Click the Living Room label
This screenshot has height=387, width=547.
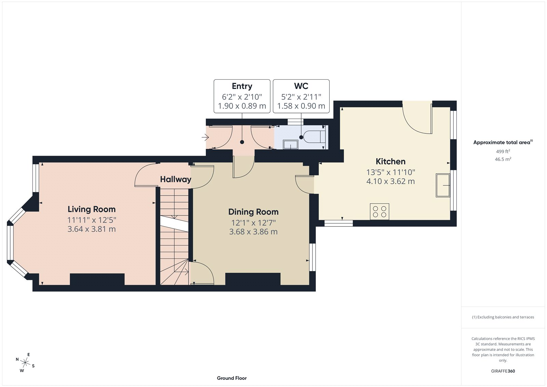(x=91, y=209)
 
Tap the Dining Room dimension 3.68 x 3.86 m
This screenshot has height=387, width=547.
(x=253, y=232)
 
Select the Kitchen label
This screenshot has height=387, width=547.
(x=390, y=162)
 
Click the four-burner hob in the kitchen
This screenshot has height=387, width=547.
(x=379, y=211)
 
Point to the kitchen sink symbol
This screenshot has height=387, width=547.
(x=443, y=185)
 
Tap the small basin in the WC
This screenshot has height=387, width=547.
(x=291, y=145)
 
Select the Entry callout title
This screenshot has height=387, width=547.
(x=242, y=86)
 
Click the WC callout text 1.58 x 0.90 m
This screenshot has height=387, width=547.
(x=301, y=106)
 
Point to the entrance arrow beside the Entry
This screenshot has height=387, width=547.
(x=205, y=138)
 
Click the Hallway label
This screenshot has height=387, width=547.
(x=175, y=179)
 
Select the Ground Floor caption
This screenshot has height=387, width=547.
(x=231, y=378)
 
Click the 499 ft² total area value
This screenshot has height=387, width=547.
(x=503, y=151)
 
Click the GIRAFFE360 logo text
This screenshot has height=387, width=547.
(x=503, y=371)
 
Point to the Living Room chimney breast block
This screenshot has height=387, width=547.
(x=97, y=279)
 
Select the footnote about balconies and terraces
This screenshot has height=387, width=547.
(x=503, y=317)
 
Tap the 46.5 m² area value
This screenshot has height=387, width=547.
(x=503, y=159)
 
